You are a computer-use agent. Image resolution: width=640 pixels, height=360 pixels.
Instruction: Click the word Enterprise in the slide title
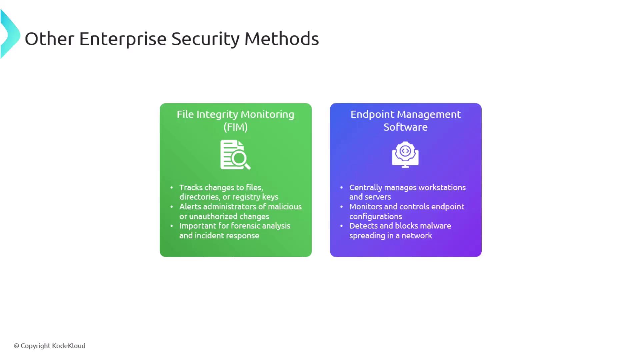click(123, 39)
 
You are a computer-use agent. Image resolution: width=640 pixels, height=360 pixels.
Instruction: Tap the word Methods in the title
click(282, 39)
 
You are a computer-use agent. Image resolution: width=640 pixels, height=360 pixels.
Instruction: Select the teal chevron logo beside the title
click(10, 34)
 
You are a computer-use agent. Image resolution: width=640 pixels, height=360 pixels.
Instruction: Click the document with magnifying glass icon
click(235, 155)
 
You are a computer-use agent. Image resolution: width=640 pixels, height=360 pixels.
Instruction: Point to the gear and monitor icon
click(405, 155)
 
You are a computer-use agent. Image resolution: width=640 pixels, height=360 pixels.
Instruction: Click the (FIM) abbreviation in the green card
click(236, 127)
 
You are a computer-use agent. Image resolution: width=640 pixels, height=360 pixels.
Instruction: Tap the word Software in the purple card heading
click(405, 127)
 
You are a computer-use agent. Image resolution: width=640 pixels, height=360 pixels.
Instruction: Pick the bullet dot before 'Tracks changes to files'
click(172, 188)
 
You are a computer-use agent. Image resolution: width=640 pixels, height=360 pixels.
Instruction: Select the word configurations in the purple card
click(376, 217)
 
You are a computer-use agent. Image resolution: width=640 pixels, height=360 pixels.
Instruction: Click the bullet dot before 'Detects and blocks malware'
click(342, 226)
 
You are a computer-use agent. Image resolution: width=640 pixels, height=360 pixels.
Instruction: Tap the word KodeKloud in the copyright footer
click(69, 346)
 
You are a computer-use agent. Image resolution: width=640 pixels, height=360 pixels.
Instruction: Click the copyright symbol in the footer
click(16, 346)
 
